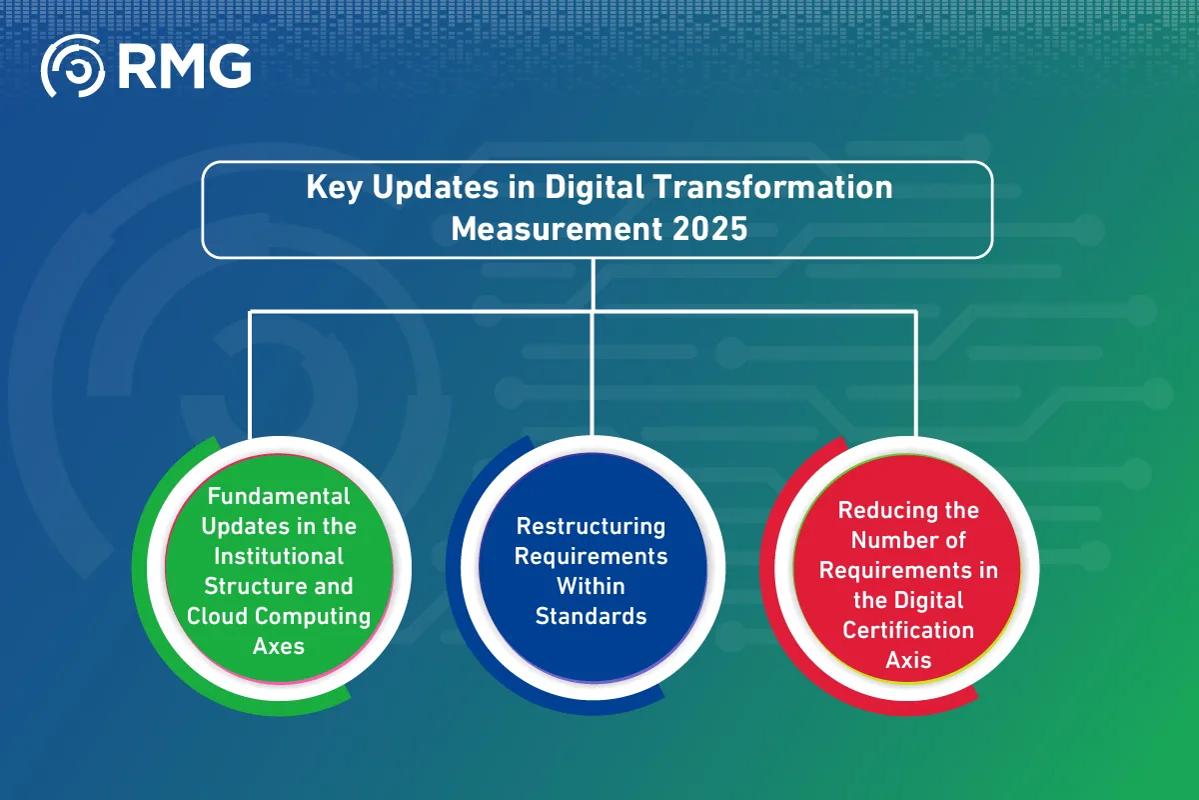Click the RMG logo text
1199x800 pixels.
[184, 67]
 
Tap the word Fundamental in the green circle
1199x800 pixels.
[279, 496]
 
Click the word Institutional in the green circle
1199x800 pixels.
[279, 555]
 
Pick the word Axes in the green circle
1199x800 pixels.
[279, 645]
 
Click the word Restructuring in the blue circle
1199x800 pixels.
[591, 526]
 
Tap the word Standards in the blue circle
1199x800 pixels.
[591, 616]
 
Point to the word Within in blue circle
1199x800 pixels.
[591, 586]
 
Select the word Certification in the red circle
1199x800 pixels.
[908, 630]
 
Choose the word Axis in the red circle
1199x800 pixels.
[908, 660]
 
